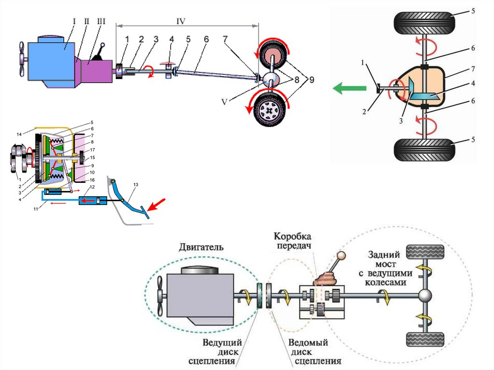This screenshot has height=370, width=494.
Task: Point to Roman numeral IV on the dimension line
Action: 181,21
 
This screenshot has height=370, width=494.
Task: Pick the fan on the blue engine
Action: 22,58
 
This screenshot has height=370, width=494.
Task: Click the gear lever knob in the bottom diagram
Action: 342,256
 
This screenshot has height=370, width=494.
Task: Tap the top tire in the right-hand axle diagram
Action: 425,23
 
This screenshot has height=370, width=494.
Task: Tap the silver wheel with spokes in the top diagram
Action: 269,110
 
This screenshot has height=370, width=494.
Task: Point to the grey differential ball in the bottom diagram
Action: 425,297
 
